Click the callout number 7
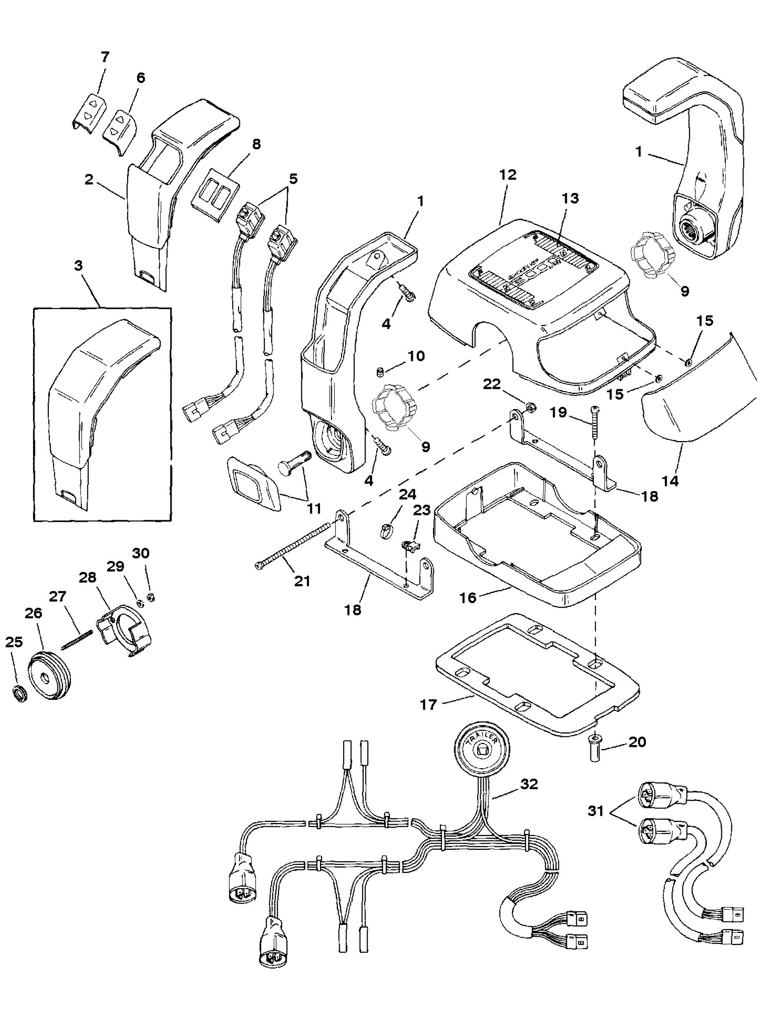[105, 57]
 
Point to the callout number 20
[637, 742]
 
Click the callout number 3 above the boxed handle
[79, 265]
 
